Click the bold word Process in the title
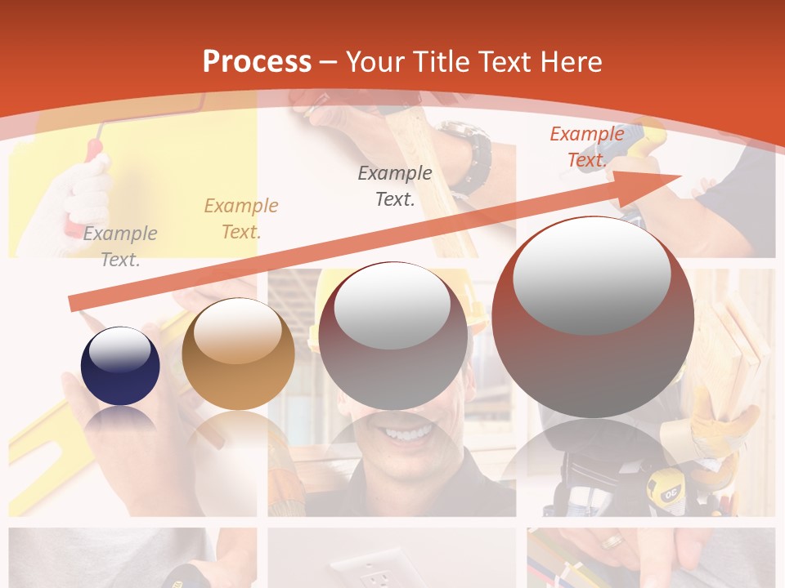click(x=257, y=61)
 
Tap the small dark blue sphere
click(x=120, y=365)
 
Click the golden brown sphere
click(x=238, y=354)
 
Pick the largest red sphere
click(x=593, y=317)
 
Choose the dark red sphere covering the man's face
click(x=392, y=336)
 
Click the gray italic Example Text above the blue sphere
click(x=120, y=247)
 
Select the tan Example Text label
click(x=241, y=219)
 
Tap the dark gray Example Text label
click(x=395, y=185)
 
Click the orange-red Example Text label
click(x=586, y=147)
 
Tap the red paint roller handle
click(x=96, y=150)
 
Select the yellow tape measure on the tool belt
click(x=662, y=490)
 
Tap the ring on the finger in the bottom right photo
click(x=611, y=541)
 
